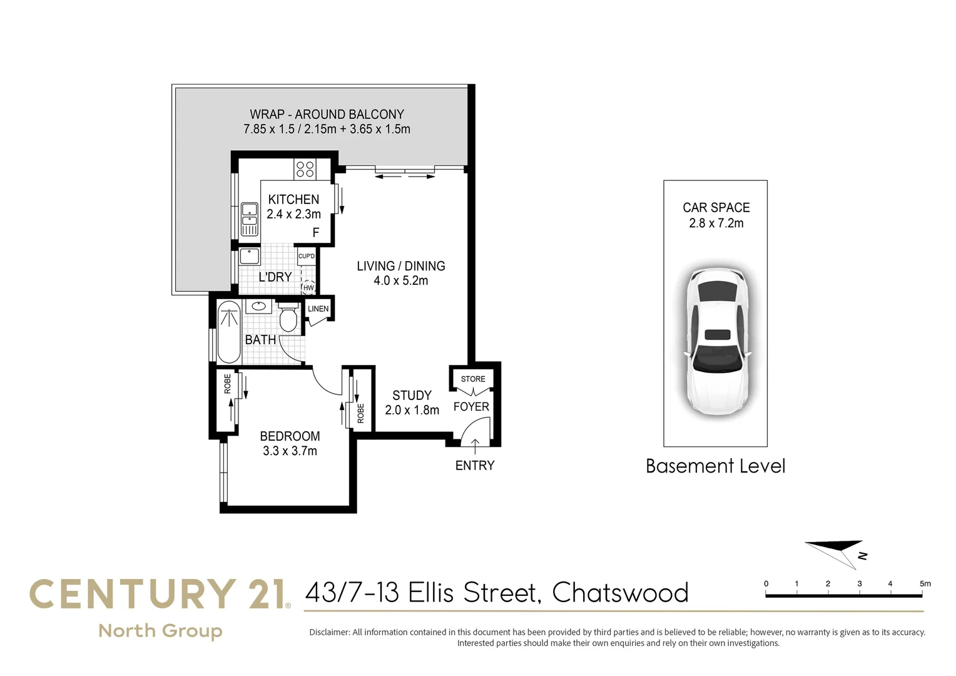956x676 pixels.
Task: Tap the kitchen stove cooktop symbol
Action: pos(305,169)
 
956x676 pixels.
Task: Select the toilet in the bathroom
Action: pos(288,317)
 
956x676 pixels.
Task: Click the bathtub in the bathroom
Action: pos(229,332)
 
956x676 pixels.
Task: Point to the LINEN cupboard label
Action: pos(318,309)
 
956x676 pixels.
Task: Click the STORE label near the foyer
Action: pos(473,379)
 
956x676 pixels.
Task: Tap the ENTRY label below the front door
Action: pos(475,466)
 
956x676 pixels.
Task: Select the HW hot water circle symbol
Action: pos(308,287)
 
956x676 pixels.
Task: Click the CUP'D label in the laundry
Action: pos(307,256)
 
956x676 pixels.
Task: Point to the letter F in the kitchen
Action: pos(316,232)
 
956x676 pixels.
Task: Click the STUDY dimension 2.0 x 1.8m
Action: pos(412,410)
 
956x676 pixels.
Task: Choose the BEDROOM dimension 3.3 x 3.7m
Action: pos(290,451)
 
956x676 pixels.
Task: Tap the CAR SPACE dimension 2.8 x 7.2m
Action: pos(716,223)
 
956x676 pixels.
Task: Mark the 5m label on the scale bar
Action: pos(925,583)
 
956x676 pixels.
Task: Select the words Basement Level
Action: pos(715,466)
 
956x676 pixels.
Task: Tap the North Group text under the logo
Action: pos(160,631)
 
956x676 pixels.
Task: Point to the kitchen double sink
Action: pos(250,219)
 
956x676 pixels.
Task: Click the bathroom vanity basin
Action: pos(258,306)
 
